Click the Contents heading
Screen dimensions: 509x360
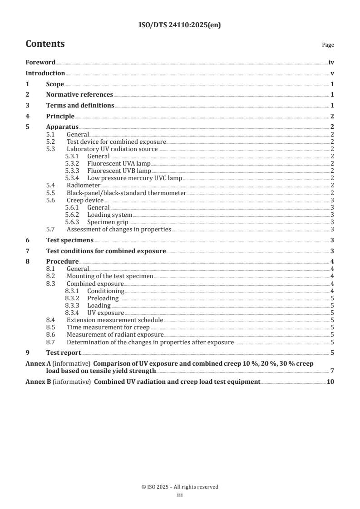[x=45, y=44]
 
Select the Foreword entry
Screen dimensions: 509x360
[x=40, y=63]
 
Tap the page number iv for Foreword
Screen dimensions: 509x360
[x=331, y=63]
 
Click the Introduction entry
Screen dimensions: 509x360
[x=45, y=73]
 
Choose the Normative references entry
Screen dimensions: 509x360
[x=79, y=95]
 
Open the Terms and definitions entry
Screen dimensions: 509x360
[x=80, y=105]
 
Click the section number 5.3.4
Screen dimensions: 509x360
[x=72, y=178]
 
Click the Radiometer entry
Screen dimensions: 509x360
[x=84, y=186]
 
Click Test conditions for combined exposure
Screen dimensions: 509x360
[x=106, y=251]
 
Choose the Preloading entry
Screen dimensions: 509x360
[x=103, y=298]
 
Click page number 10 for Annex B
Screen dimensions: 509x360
[x=330, y=382]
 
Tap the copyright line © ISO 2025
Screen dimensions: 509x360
[x=180, y=487]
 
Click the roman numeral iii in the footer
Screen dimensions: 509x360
[x=180, y=495]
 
